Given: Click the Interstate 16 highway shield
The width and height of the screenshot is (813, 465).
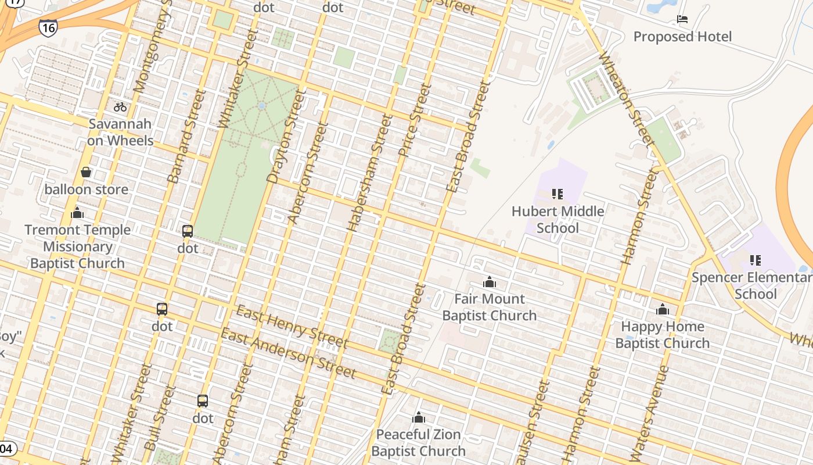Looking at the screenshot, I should [48, 27].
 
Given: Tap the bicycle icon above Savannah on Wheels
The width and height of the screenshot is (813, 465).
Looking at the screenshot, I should [120, 107].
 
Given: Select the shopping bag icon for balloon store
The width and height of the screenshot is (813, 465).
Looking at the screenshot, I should [86, 172].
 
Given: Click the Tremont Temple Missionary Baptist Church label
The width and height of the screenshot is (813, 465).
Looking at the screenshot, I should [77, 246].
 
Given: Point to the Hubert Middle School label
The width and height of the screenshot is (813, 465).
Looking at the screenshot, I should [557, 219].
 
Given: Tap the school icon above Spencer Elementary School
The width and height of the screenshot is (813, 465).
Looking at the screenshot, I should [755, 260].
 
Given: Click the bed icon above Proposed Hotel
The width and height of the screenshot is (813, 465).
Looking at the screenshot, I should [682, 20].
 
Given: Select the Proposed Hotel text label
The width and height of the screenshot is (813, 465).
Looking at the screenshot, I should [682, 37].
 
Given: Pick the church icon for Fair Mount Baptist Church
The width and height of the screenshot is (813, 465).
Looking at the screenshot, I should [490, 282].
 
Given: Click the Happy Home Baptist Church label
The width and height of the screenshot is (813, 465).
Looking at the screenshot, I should [662, 335].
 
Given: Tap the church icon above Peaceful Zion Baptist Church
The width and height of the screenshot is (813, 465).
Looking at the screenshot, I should [419, 417].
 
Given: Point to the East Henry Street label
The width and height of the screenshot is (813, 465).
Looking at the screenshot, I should [292, 327].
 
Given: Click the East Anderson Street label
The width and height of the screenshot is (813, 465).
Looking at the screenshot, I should [288, 353].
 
